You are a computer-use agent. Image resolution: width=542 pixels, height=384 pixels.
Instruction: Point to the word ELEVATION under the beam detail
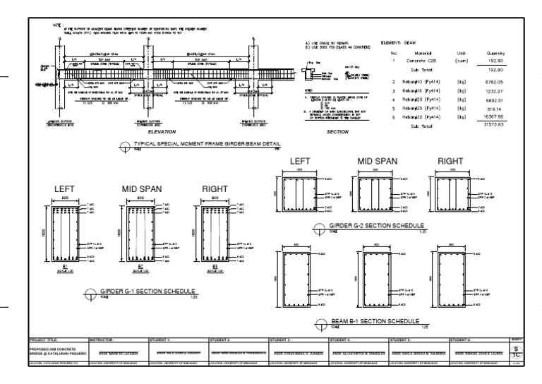point(161,131)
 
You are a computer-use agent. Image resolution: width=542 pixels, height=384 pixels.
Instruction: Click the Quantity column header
point(488,52)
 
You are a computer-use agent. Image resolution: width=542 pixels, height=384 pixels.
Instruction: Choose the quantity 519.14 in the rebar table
point(491,109)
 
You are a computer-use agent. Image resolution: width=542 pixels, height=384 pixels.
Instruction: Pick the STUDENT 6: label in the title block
point(463,340)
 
